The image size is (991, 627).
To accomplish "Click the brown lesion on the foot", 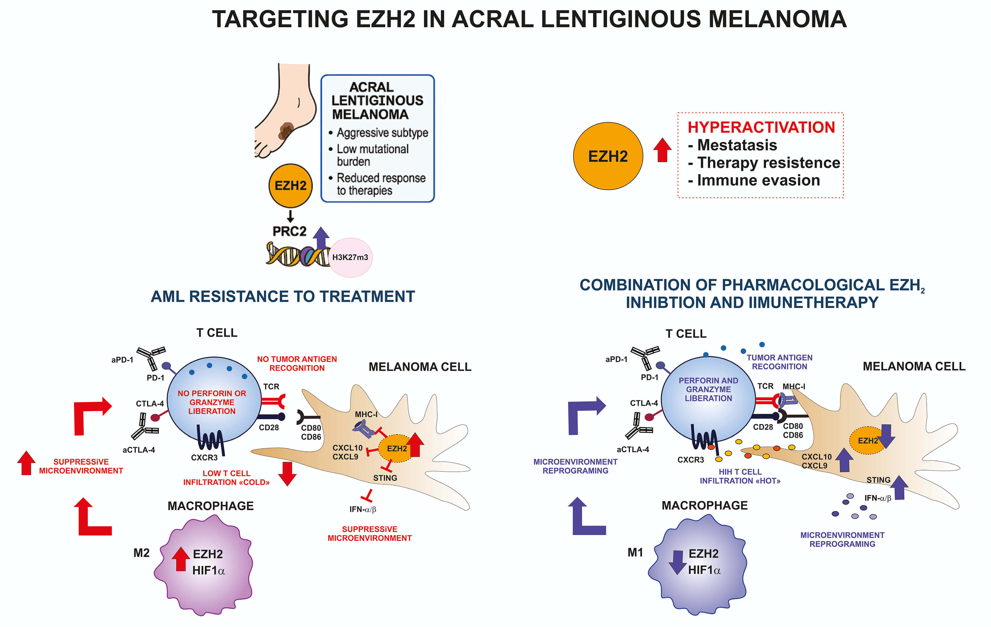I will pos(286,130).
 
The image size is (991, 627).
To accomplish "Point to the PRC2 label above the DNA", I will pos(289,231).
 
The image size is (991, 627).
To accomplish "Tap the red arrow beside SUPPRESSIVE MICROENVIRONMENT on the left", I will pos(26,463).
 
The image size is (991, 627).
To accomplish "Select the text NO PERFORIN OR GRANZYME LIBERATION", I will pos(212,402).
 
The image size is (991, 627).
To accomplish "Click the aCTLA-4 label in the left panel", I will pos(139,450).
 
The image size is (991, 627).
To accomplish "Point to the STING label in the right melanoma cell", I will pos(878,480).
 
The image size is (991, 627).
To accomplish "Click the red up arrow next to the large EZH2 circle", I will pos(662,150).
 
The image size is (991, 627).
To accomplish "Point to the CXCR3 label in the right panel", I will pos(691,460).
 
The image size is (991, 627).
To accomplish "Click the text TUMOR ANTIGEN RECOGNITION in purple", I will pos(779,362).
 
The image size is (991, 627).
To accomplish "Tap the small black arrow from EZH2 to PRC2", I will pos(290,216).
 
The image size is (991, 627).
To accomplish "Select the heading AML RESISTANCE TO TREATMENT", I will pos(283,296).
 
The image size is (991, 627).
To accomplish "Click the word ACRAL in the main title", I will pos(494,19).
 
